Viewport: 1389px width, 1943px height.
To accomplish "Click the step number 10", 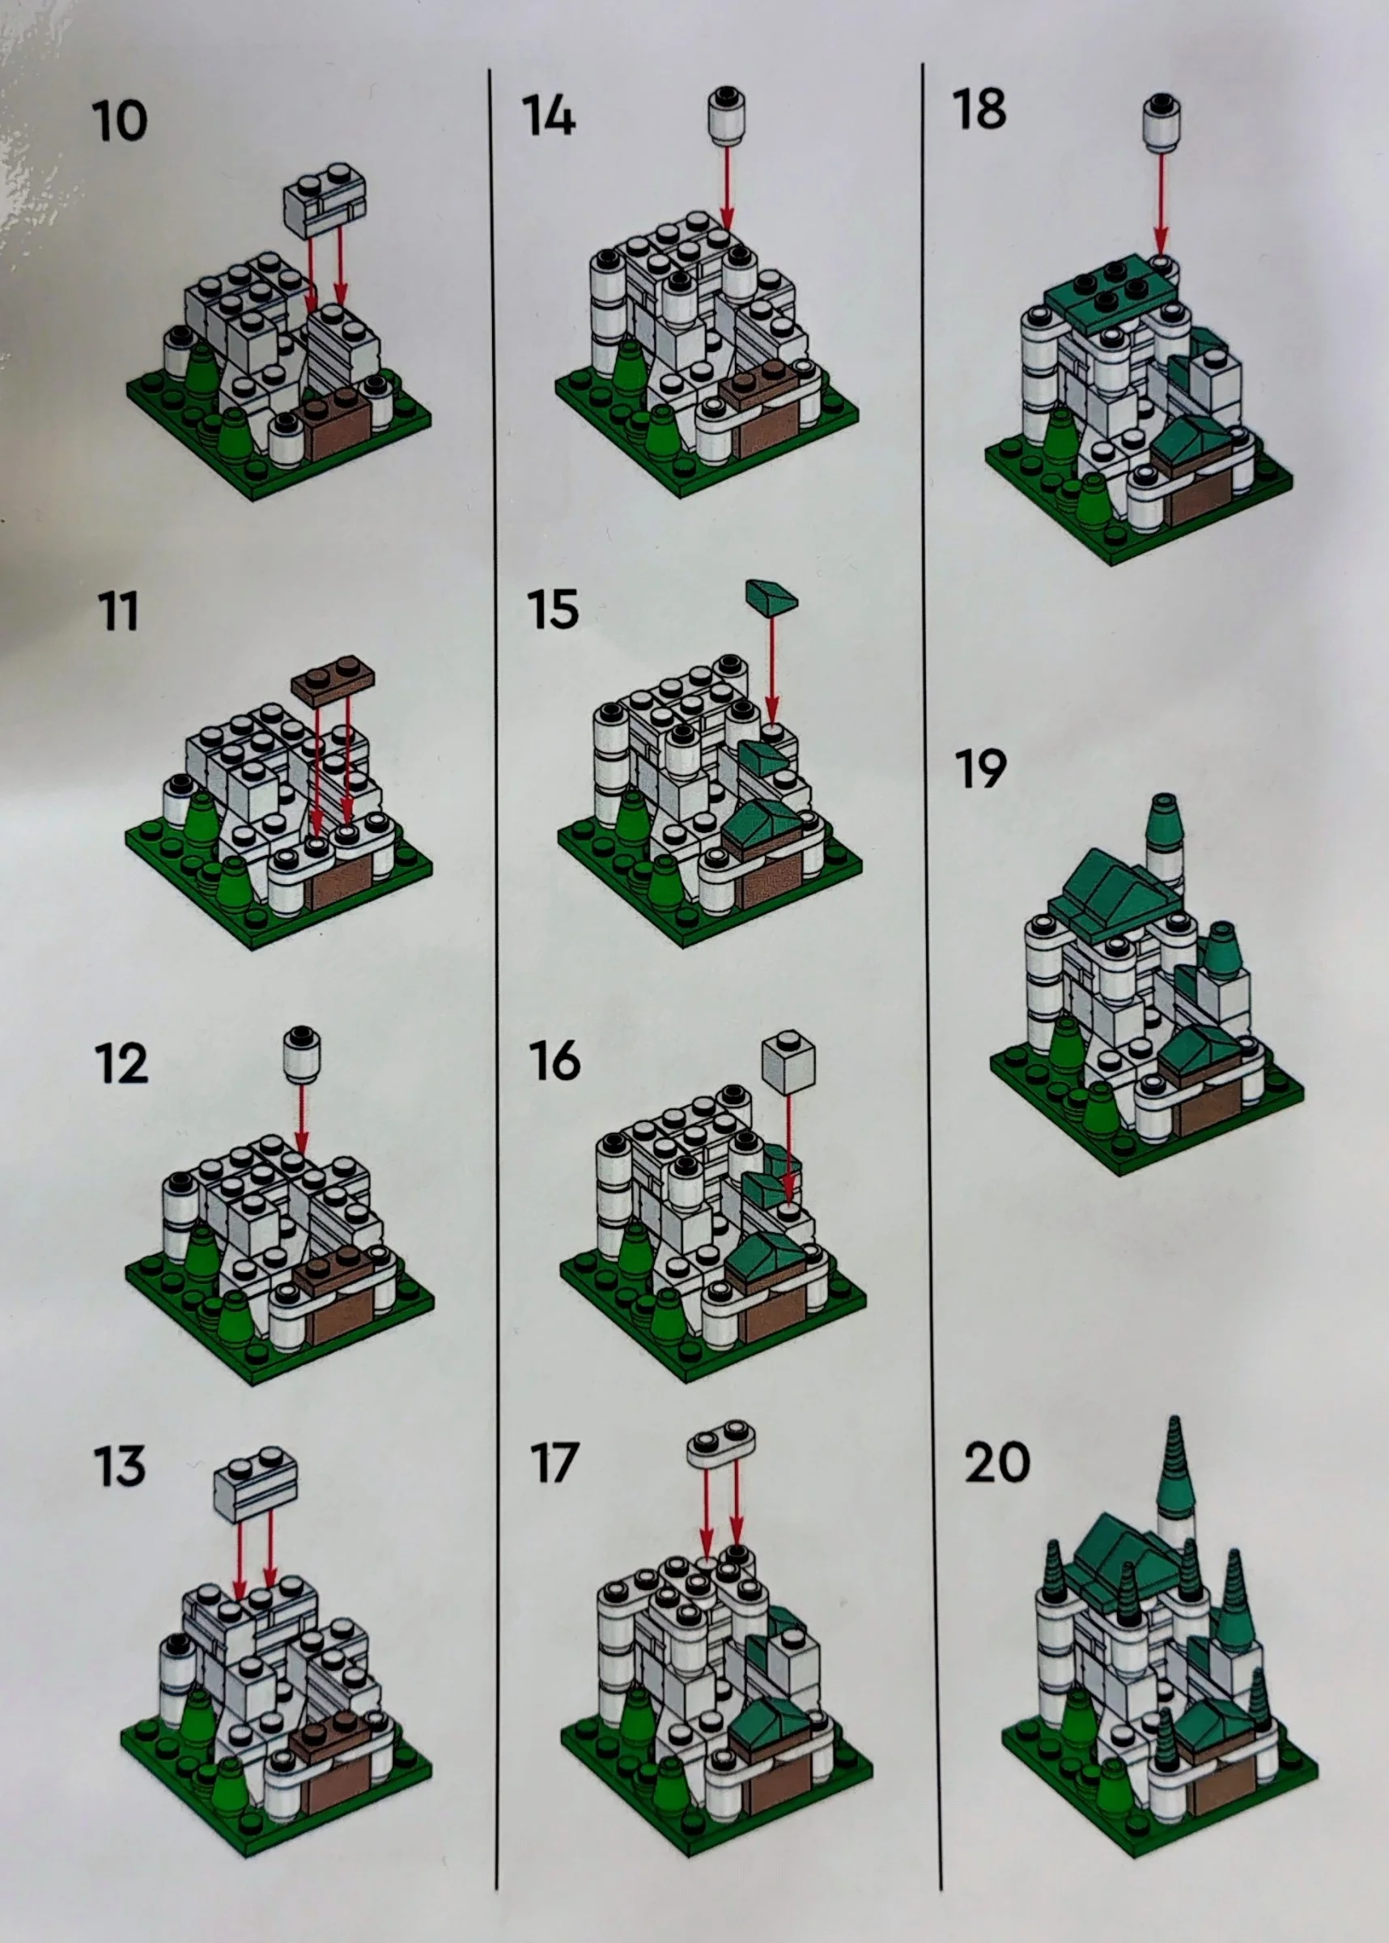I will [x=119, y=121].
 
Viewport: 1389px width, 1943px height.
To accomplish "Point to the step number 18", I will [x=979, y=109].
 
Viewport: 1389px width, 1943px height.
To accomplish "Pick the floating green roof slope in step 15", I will [x=771, y=593].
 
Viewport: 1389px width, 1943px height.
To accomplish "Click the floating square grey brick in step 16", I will [x=788, y=1060].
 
